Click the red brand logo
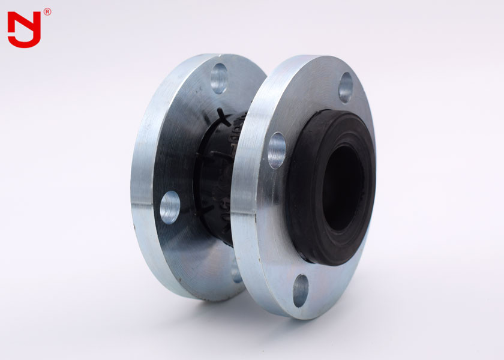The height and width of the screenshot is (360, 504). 24,29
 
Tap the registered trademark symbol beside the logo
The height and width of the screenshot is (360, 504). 47,11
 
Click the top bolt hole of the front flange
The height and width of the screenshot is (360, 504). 346,87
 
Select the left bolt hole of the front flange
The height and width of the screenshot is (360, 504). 277,150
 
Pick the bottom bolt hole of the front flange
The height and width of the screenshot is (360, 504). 301,290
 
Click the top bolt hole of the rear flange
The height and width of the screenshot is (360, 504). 219,78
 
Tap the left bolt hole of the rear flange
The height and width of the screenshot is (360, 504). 170,208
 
